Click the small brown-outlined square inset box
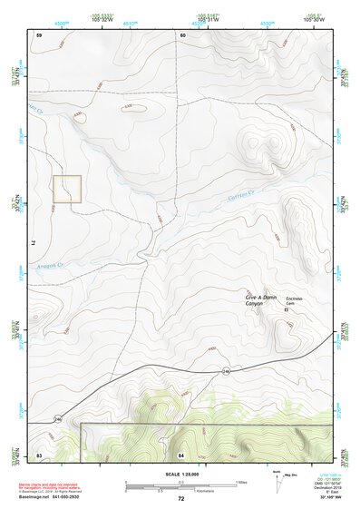(x=67, y=189)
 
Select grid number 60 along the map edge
(x=182, y=34)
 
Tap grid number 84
(x=181, y=453)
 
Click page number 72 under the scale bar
(x=180, y=498)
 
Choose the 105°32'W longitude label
(x=102, y=19)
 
